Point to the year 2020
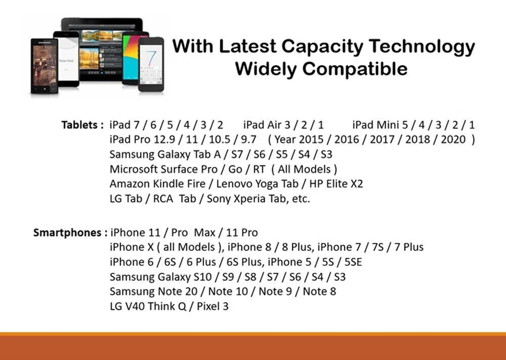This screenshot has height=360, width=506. pyautogui.click(x=453, y=139)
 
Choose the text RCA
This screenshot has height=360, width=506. pyautogui.click(x=163, y=199)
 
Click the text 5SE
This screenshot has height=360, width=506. pyautogui.click(x=353, y=261)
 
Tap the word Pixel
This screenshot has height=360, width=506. pyautogui.click(x=208, y=306)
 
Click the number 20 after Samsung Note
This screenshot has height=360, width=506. pyautogui.click(x=191, y=291)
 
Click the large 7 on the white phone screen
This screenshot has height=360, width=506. pyautogui.click(x=151, y=57)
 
